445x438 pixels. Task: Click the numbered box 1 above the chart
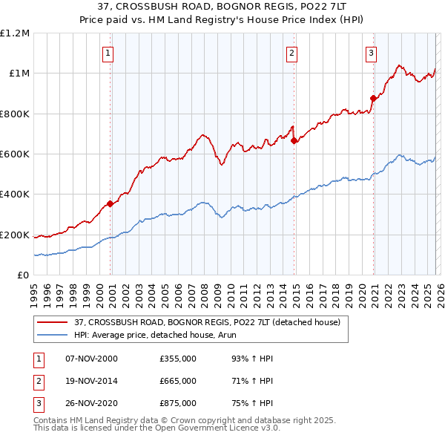click(x=108, y=52)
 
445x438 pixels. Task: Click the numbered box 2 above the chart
click(x=292, y=52)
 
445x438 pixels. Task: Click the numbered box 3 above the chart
click(x=371, y=52)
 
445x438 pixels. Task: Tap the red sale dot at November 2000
click(x=110, y=203)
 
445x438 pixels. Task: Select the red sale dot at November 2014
click(x=294, y=140)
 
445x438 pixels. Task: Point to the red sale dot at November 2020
click(x=373, y=97)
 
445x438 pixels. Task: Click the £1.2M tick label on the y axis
click(x=15, y=33)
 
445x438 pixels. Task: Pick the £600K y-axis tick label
click(x=15, y=154)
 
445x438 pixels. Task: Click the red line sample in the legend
click(x=53, y=322)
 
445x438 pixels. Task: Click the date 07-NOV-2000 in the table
click(x=92, y=358)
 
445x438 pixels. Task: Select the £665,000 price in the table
click(x=178, y=381)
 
